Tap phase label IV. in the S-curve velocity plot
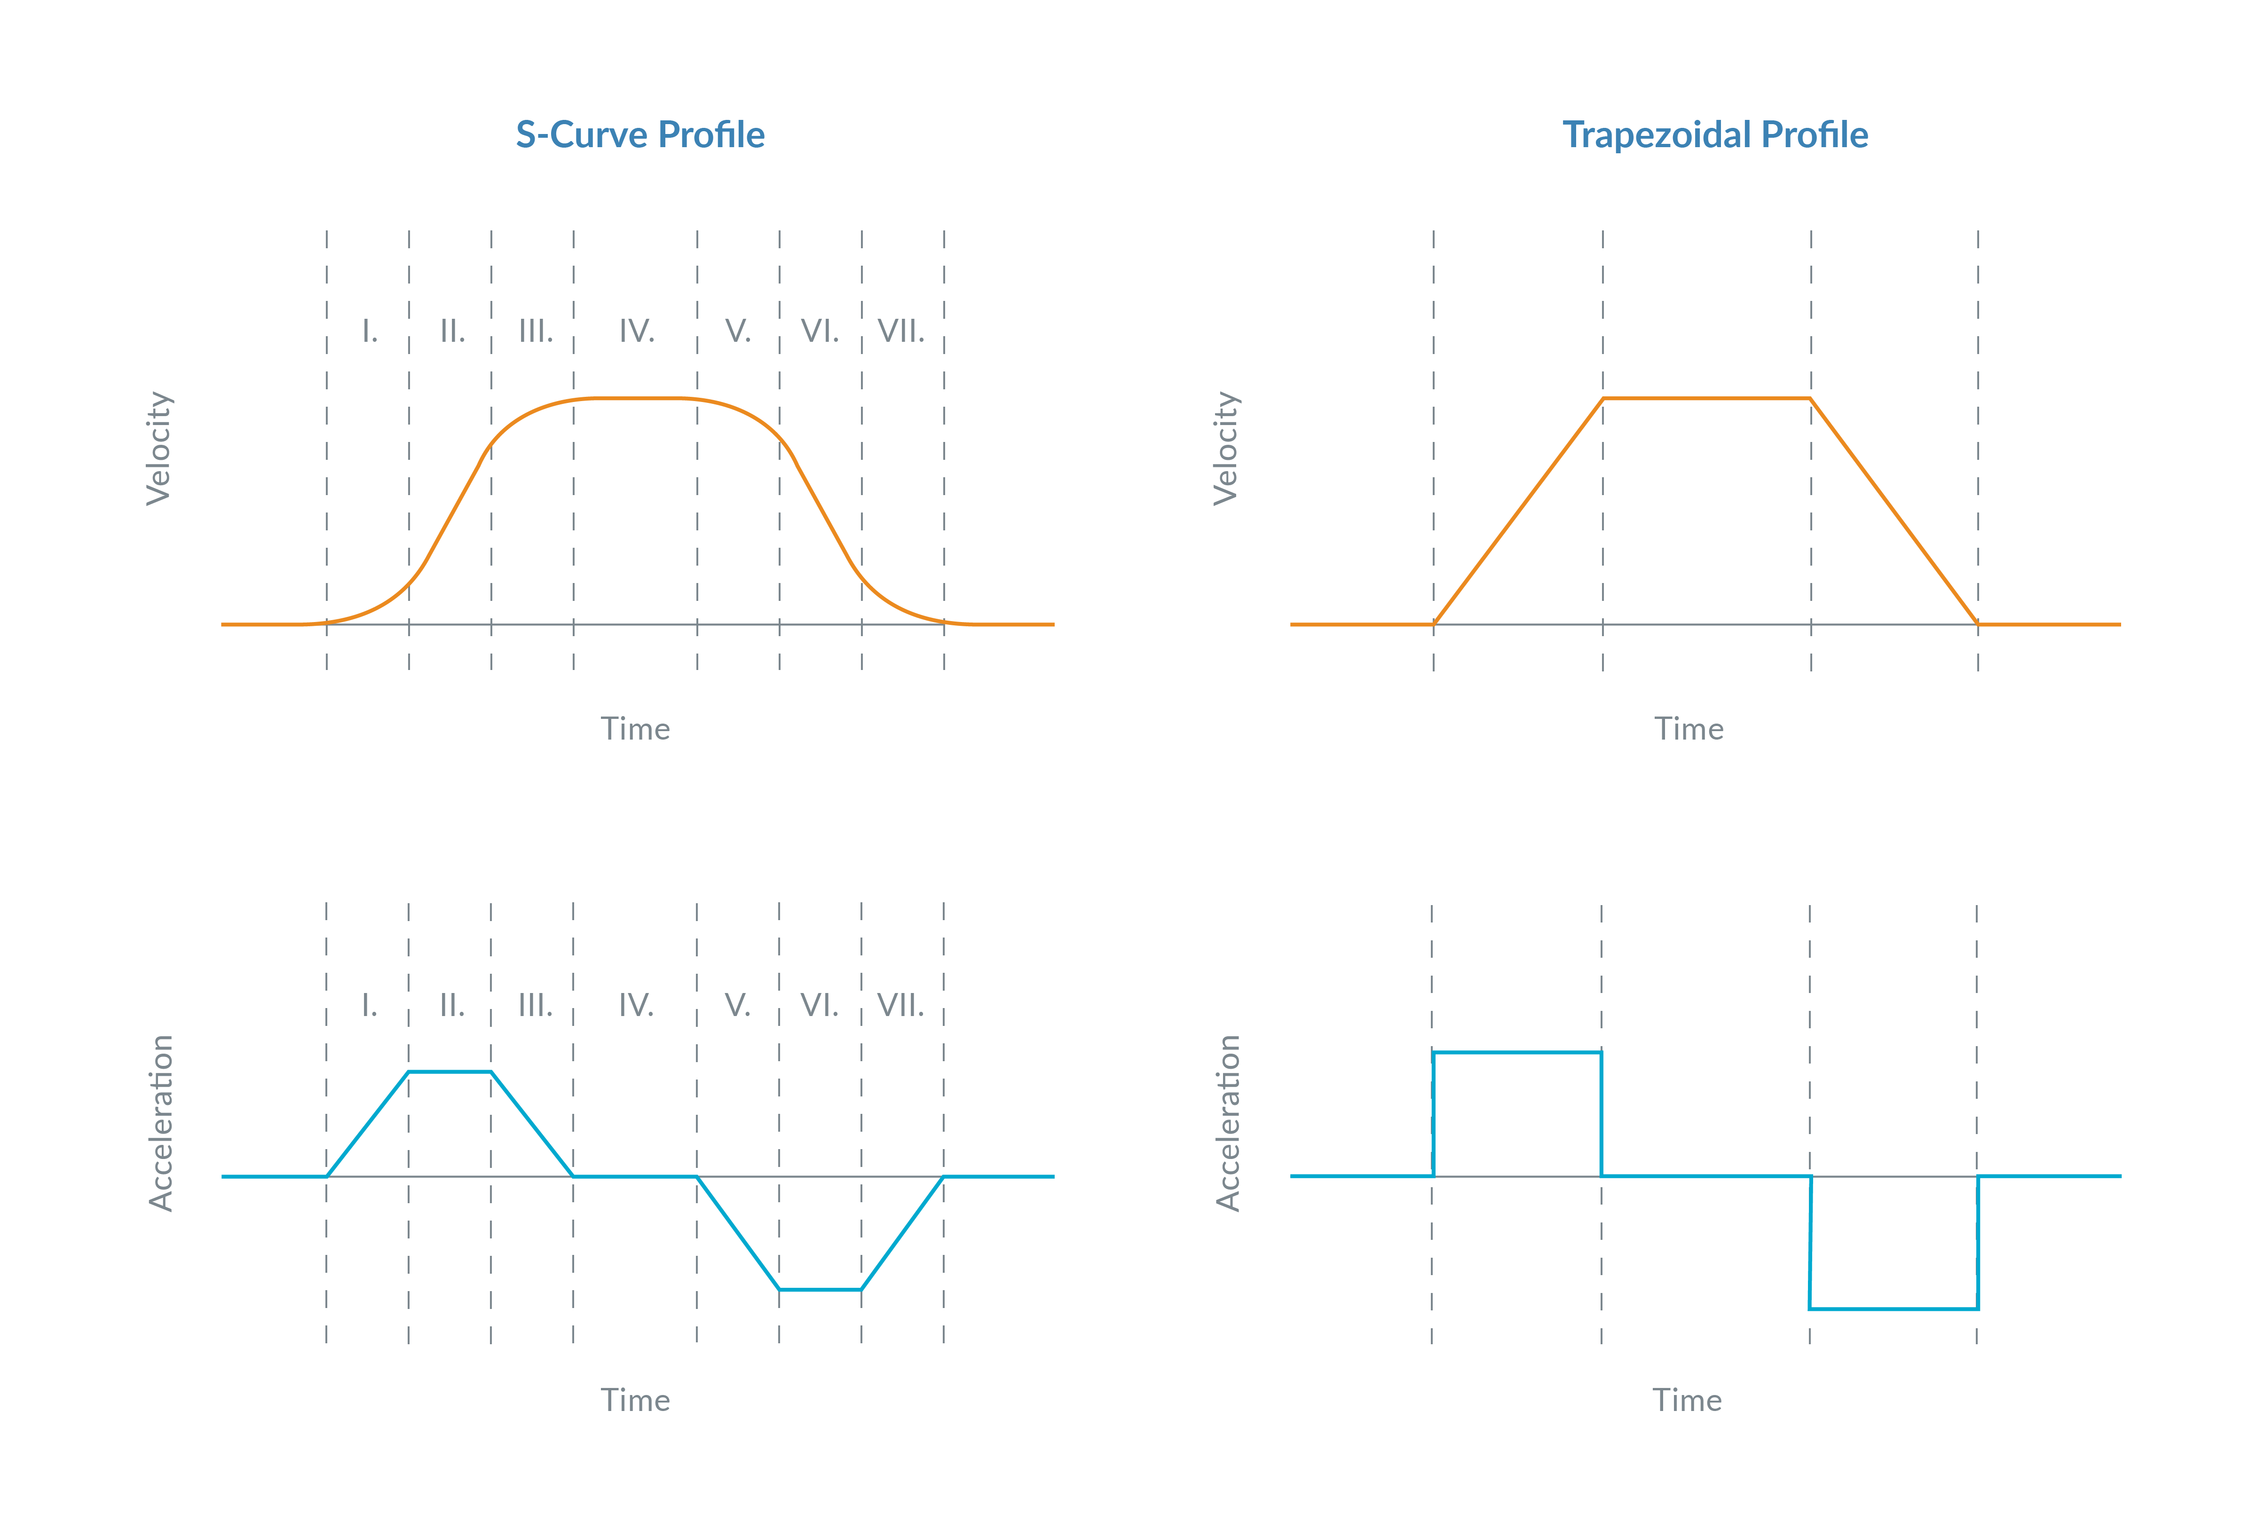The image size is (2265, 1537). click(636, 331)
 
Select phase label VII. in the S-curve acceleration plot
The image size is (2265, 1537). click(900, 1005)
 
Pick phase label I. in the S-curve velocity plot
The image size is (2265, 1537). click(370, 331)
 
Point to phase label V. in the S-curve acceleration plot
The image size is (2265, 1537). click(738, 1005)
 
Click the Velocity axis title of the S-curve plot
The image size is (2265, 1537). click(159, 449)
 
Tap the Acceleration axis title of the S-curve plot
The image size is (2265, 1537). click(161, 1123)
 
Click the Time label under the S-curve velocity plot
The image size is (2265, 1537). click(635, 729)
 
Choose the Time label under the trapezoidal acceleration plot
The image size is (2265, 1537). click(1687, 1401)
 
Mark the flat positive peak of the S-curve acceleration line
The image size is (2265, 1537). click(450, 1072)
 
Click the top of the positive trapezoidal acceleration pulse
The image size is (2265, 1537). click(1516, 1053)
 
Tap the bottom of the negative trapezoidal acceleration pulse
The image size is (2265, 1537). click(1894, 1309)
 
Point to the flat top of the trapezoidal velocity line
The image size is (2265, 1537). click(1706, 399)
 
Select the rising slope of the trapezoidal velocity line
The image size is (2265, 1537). click(1517, 512)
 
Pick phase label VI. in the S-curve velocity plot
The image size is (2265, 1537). click(820, 331)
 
